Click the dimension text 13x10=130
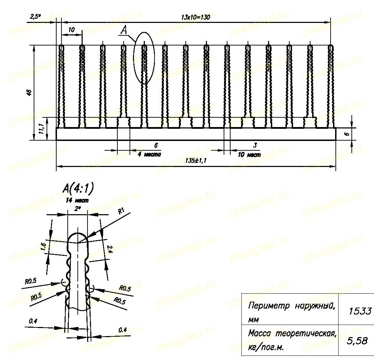click(x=196, y=17)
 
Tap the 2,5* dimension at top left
click(x=35, y=16)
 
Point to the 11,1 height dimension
click(x=42, y=129)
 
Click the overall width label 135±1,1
click(x=196, y=160)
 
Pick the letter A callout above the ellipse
click(x=124, y=30)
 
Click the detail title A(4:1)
click(x=78, y=189)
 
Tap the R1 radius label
click(x=122, y=211)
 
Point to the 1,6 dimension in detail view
click(x=43, y=246)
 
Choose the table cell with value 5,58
click(x=357, y=341)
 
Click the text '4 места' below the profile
click(x=149, y=154)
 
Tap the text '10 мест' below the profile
click(x=249, y=154)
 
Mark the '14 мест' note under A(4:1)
click(x=77, y=200)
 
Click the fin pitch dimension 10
click(x=71, y=30)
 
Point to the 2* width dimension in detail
click(x=77, y=209)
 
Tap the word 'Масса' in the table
click(x=259, y=333)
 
